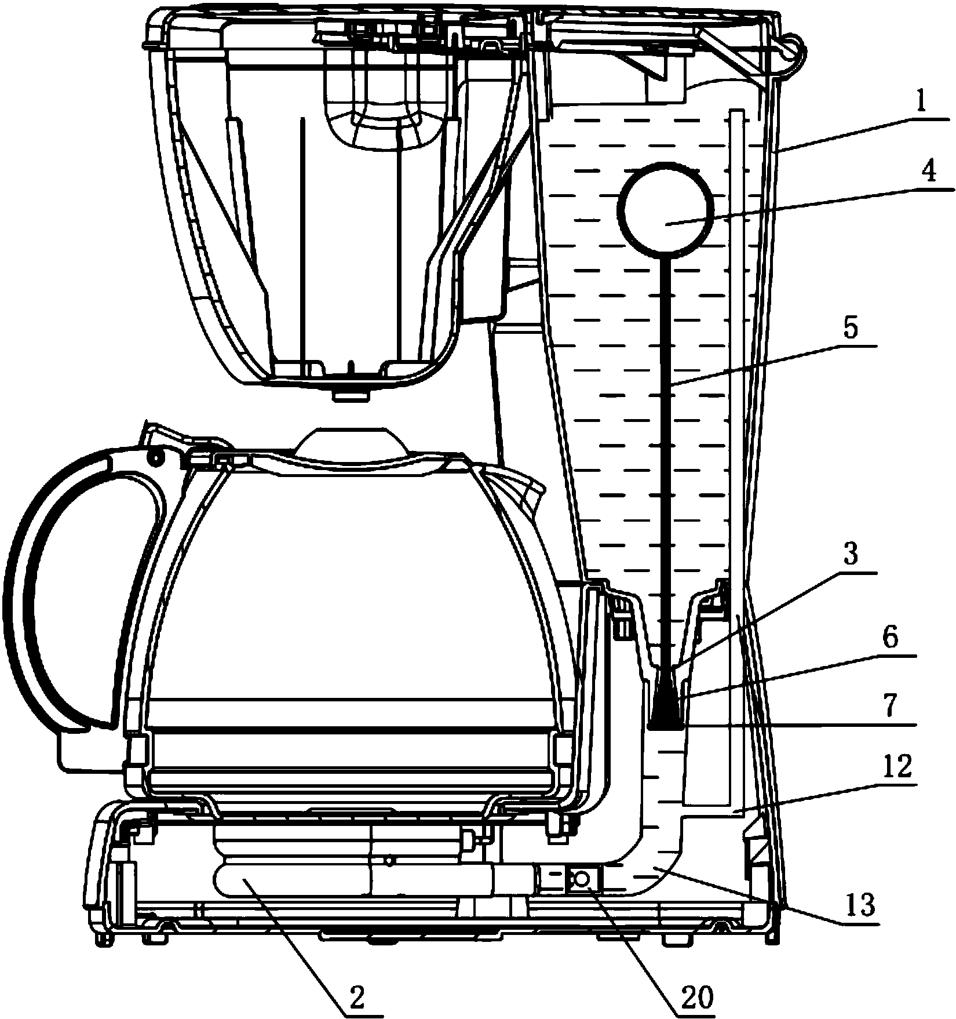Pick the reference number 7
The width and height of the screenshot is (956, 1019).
coord(891,707)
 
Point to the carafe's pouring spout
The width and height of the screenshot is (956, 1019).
coord(524,484)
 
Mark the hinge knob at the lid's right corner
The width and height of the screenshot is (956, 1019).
coord(793,50)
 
